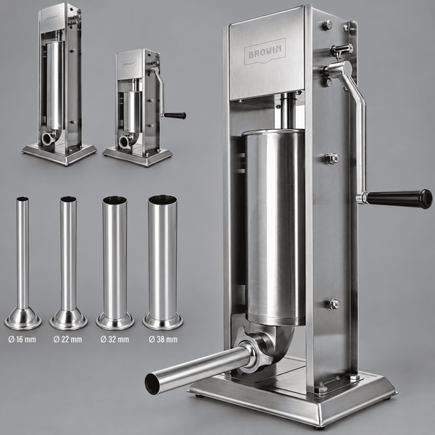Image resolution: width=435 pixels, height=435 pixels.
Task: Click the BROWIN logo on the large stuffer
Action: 265,51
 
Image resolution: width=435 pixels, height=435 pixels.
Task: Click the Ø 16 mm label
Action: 22,339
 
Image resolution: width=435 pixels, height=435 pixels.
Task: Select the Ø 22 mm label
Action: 67,339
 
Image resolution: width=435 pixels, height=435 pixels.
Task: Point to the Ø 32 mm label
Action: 115,339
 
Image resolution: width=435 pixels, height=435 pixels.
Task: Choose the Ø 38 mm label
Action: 163,339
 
